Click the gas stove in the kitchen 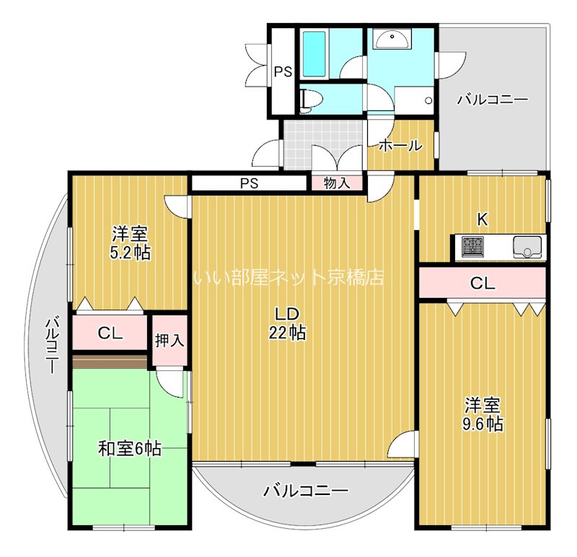click(472, 247)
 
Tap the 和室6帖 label click(129, 449)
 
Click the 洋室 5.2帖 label click(131, 243)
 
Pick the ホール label click(400, 145)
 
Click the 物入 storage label click(337, 183)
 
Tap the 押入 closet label click(170, 340)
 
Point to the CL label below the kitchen click(483, 283)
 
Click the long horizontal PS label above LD click(249, 183)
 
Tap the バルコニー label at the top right click(492, 100)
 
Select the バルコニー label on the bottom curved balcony click(305, 491)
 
